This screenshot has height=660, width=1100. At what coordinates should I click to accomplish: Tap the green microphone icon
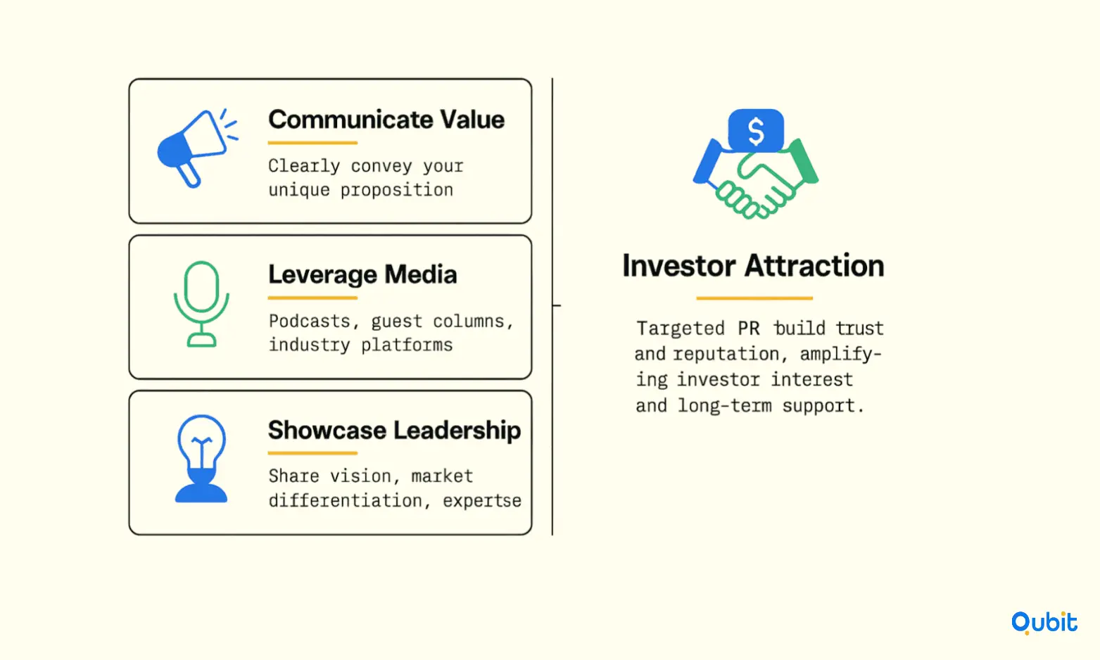click(x=201, y=304)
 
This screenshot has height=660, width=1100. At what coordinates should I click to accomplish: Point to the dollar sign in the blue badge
click(x=756, y=132)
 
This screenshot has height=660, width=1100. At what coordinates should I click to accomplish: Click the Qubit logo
click(x=1044, y=623)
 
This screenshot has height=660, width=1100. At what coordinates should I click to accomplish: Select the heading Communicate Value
click(x=386, y=120)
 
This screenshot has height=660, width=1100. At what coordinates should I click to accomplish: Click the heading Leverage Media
click(x=362, y=274)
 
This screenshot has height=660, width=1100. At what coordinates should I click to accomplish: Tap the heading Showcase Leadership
click(x=394, y=430)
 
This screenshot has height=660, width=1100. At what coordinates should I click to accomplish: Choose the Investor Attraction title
click(x=753, y=266)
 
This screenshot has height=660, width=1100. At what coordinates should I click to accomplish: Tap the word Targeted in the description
click(x=681, y=328)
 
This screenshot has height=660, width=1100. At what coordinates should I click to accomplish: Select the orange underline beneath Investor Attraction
click(x=754, y=298)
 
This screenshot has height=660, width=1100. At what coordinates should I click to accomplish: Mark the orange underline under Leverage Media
click(x=312, y=298)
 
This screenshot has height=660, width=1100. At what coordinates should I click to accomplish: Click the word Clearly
click(x=304, y=167)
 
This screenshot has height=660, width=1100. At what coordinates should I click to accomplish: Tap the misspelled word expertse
click(x=482, y=501)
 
